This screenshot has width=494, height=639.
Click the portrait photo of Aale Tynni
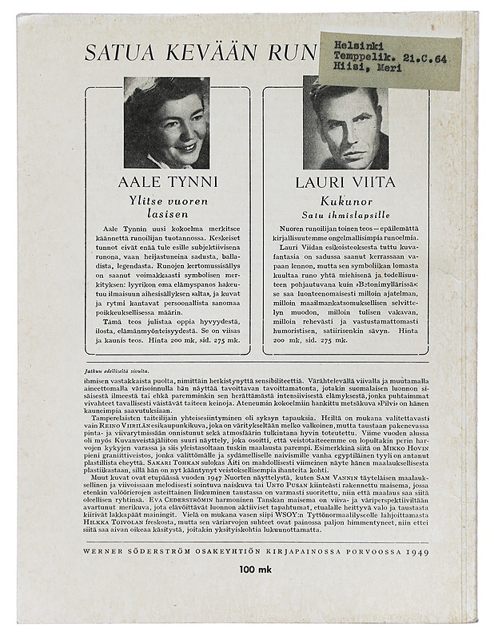tap(166, 122)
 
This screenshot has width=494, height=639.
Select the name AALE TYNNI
tap(167, 182)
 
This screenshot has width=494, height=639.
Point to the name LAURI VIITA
tap(345, 182)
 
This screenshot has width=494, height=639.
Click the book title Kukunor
tap(345, 200)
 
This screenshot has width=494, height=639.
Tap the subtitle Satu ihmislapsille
tap(345, 214)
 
